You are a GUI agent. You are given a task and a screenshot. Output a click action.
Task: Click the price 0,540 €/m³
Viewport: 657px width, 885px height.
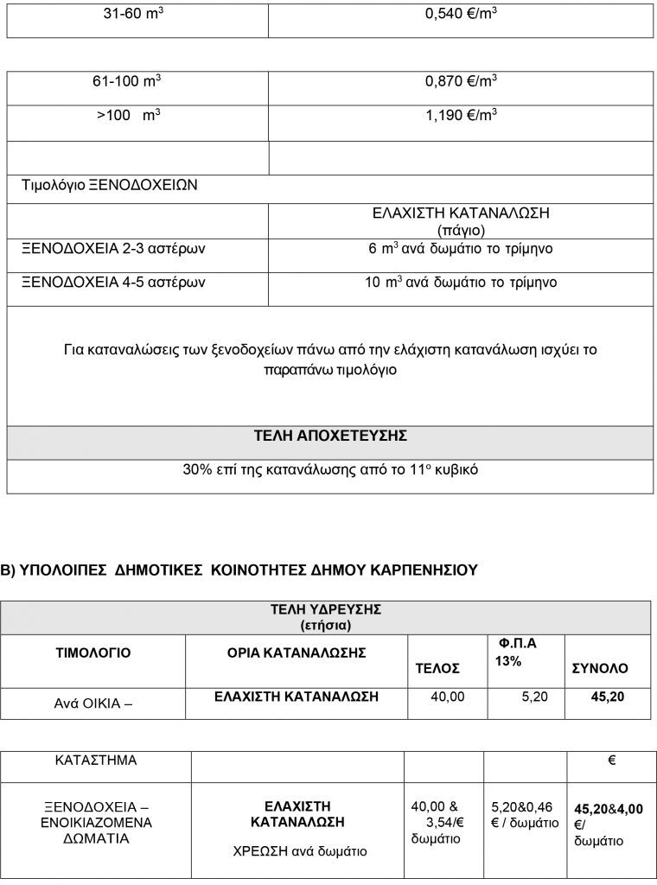pyautogui.click(x=461, y=16)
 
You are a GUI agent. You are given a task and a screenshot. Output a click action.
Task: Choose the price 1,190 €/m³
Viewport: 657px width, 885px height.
pyautogui.click(x=461, y=114)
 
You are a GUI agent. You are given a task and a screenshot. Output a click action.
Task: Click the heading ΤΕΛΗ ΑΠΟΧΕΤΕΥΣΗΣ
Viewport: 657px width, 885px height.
pyautogui.click(x=329, y=436)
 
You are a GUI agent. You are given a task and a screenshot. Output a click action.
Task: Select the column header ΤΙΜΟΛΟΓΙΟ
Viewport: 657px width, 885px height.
pyautogui.click(x=93, y=653)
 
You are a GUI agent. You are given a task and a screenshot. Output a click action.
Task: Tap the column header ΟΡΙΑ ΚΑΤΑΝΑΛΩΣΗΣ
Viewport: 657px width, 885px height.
pyautogui.click(x=290, y=653)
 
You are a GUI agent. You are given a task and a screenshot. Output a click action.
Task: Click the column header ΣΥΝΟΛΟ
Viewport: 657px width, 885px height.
pyautogui.click(x=600, y=669)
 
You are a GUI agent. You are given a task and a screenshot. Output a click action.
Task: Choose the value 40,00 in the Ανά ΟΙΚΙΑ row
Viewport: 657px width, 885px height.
pyautogui.click(x=447, y=696)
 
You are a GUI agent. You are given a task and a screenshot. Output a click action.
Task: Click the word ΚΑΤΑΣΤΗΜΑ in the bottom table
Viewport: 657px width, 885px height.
pyautogui.click(x=95, y=761)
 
